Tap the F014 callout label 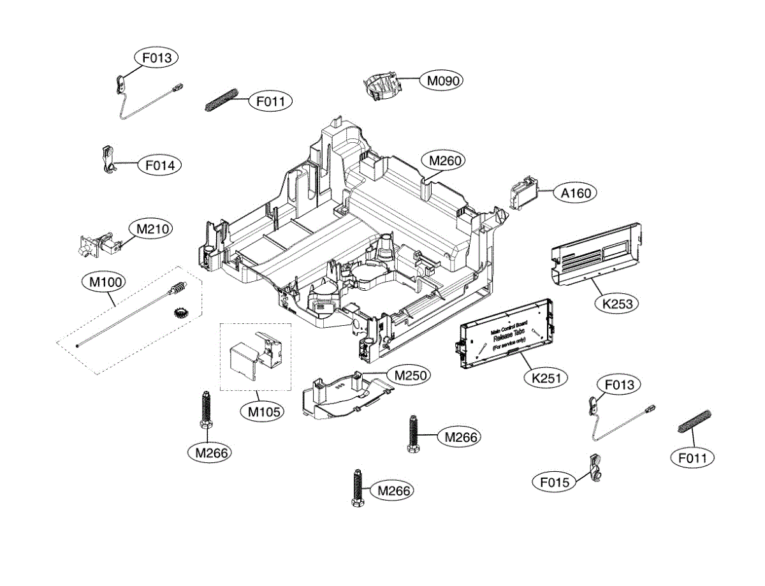[159, 165]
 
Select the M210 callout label [150, 228]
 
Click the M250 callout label [410, 375]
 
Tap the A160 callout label [576, 193]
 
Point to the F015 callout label [554, 482]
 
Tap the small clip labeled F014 [109, 159]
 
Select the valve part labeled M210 [98, 244]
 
